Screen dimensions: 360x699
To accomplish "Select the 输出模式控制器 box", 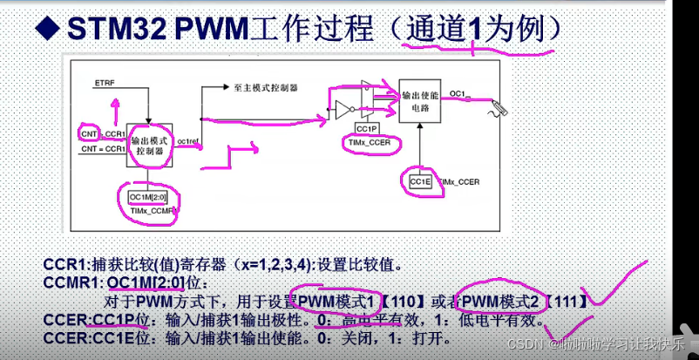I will tap(149, 145).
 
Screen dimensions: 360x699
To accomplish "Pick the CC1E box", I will tap(419, 180).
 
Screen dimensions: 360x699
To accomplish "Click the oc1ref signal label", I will tap(189, 139).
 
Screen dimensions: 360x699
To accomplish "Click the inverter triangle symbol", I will tap(343, 109).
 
